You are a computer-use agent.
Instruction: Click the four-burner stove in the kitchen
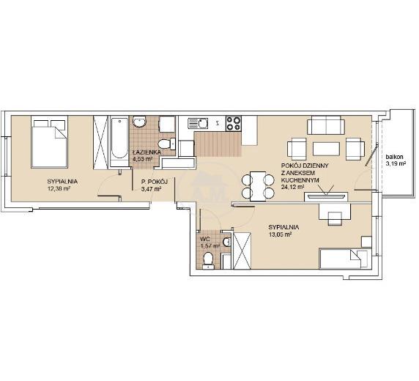[x=234, y=124]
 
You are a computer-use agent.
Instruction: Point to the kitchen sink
[x=198, y=124]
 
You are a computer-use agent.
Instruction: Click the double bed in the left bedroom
[x=49, y=141]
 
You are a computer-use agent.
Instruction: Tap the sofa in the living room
[x=326, y=125]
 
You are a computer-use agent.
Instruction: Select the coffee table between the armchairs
[x=326, y=149]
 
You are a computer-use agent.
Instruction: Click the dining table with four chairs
[x=258, y=186]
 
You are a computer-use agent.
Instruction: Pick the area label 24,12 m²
[x=293, y=187]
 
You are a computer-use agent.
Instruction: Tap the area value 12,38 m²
[x=59, y=189]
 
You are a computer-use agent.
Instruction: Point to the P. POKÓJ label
[x=154, y=182]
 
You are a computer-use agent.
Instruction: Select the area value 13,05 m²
[x=280, y=234]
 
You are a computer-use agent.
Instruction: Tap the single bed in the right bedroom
[x=345, y=259]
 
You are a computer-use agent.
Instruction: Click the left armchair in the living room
[x=297, y=149]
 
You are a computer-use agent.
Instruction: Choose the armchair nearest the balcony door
[x=355, y=149]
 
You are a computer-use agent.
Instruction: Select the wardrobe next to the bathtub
[x=100, y=142]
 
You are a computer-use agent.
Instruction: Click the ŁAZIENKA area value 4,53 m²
[x=142, y=158]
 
